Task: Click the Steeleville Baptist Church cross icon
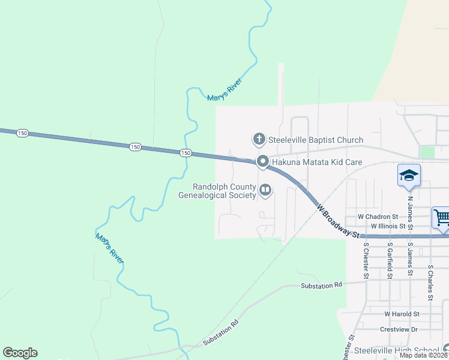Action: (x=259, y=140)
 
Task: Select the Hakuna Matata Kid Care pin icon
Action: (x=262, y=162)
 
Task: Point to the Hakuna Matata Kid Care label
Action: (x=316, y=162)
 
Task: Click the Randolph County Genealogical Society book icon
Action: (x=265, y=191)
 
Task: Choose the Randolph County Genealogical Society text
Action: (x=217, y=191)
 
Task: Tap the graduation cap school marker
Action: (x=409, y=175)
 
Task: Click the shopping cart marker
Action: (x=442, y=217)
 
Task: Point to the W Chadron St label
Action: (x=378, y=216)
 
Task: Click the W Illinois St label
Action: (x=390, y=226)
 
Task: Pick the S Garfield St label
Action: (x=390, y=260)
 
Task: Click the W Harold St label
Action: (x=402, y=314)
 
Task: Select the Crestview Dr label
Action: (x=398, y=329)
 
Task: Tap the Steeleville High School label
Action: (x=396, y=350)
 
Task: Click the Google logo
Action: (x=20, y=353)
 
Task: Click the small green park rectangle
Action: (x=427, y=152)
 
